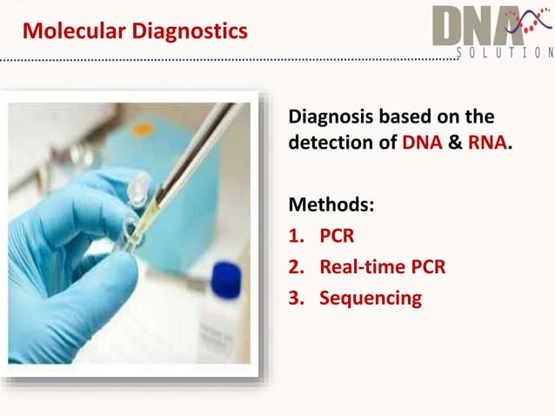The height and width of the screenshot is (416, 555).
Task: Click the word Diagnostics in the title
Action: pos(189,31)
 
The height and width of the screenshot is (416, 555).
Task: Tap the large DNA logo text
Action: pos(474,26)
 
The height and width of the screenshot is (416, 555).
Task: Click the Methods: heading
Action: pos(331,205)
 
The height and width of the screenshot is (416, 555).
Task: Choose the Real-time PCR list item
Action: pos(382,266)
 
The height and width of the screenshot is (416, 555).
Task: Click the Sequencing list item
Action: pos(370,298)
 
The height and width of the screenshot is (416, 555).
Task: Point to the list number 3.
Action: pos(293,298)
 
